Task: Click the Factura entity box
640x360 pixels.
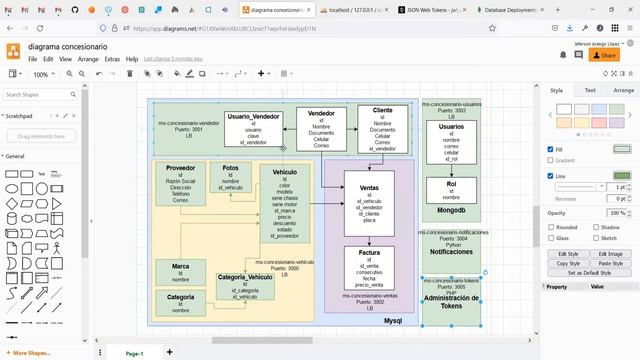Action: click(x=369, y=269)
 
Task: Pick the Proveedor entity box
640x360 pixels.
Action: click(x=180, y=184)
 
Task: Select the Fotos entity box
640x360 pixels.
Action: click(x=231, y=178)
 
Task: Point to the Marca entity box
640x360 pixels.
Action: click(x=180, y=272)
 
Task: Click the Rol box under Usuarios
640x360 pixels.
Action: click(x=450, y=190)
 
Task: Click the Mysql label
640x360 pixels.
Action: click(x=393, y=320)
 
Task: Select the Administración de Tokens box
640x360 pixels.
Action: click(x=451, y=298)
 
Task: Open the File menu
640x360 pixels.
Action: click(x=33, y=59)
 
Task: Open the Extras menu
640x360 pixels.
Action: click(x=112, y=59)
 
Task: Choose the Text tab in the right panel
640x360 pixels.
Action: click(x=590, y=90)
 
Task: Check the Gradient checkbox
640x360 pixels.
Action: click(x=551, y=160)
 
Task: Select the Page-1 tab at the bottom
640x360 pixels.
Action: click(x=134, y=353)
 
